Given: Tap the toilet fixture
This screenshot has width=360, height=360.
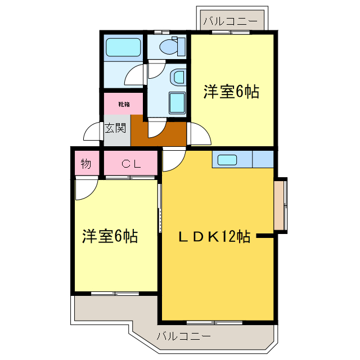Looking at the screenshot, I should click(172, 47).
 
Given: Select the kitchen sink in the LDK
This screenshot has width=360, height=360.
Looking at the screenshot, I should click(227, 159).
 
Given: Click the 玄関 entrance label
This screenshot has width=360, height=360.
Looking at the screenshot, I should click(115, 128).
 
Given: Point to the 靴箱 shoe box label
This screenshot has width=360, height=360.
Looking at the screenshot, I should click(124, 104).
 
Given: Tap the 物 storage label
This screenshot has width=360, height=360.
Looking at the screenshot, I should click(85, 164).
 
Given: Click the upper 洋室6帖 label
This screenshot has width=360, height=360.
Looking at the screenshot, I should click(231, 92).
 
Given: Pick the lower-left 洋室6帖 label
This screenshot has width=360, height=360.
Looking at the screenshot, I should click(110, 236).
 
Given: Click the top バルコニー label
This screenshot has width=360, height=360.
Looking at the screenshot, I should click(230, 21).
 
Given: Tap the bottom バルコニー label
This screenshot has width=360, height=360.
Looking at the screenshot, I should click(183, 337).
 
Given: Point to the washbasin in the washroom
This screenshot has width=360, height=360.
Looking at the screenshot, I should click(178, 76).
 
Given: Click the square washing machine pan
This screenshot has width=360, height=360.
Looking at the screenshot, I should click(177, 102).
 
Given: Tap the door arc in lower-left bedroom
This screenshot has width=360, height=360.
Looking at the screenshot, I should click(85, 189).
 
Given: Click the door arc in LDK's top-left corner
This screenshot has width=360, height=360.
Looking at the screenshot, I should click(172, 160).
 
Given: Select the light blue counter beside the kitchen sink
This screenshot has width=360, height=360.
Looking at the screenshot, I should click(263, 159).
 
